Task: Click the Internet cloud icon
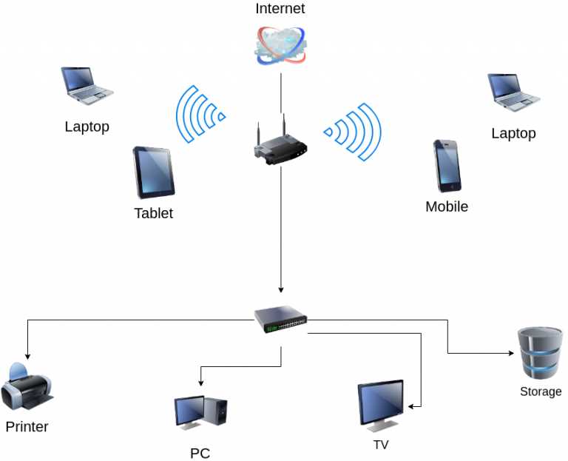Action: (281, 46)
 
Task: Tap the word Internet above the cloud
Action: (280, 8)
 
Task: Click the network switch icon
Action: (281, 319)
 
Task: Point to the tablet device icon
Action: (154, 172)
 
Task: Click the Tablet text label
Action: (154, 213)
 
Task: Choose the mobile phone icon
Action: (447, 166)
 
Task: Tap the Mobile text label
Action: (447, 206)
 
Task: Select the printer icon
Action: (27, 386)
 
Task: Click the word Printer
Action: (27, 426)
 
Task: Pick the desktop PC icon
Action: (200, 413)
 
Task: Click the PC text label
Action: (200, 453)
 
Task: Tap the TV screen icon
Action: (381, 406)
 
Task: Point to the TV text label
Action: (381, 445)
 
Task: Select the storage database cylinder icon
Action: (541, 354)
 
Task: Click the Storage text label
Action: (541, 391)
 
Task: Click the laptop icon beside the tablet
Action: (87, 86)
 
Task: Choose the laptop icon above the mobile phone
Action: (514, 92)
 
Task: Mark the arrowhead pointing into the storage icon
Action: (512, 353)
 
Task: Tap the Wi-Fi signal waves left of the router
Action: (200, 114)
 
